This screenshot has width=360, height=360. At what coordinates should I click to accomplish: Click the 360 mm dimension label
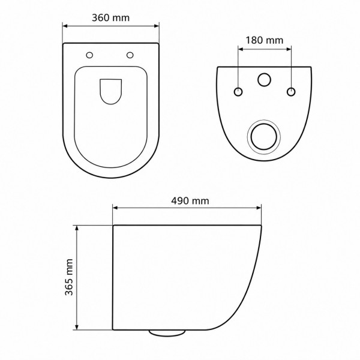point(110,18)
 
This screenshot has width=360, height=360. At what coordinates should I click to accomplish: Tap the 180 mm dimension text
point(265,40)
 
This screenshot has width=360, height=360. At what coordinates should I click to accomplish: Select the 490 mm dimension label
point(190,201)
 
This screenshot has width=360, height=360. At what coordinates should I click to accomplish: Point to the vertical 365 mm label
point(69,277)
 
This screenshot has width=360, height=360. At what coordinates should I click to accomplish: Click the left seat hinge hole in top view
point(89,55)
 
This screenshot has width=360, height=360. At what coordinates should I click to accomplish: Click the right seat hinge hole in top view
point(130,55)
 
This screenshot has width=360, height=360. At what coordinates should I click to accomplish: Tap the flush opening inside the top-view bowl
point(110,92)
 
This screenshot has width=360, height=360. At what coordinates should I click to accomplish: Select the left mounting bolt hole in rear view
point(238,92)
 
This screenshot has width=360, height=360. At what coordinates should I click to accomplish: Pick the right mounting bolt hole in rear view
point(291,92)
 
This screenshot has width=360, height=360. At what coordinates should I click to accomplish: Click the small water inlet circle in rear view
point(264,80)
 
